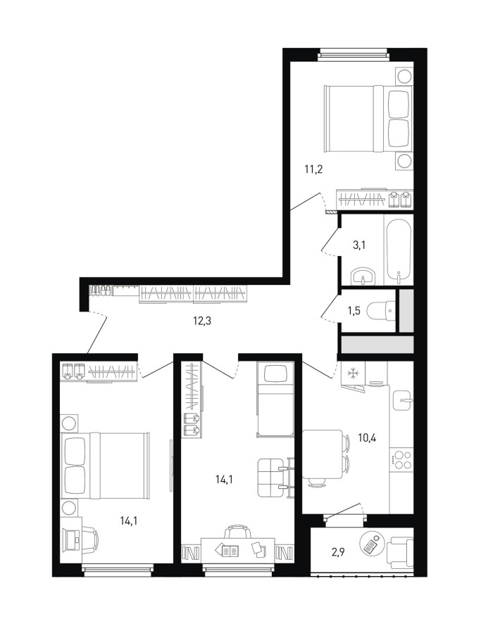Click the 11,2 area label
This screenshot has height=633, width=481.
click(313, 169)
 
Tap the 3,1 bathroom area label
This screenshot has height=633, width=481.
click(359, 245)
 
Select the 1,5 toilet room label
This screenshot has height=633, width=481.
click(354, 312)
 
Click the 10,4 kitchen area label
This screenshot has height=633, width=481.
click(367, 437)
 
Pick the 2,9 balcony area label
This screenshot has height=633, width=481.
click(338, 553)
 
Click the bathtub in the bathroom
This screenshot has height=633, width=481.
click(399, 249)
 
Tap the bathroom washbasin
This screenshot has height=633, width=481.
click(363, 277)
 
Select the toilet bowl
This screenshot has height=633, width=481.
click(381, 311)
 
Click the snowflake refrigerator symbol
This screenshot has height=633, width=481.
click(353, 373)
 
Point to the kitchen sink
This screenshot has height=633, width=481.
click(402, 400)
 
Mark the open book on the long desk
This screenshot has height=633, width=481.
click(227, 549)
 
